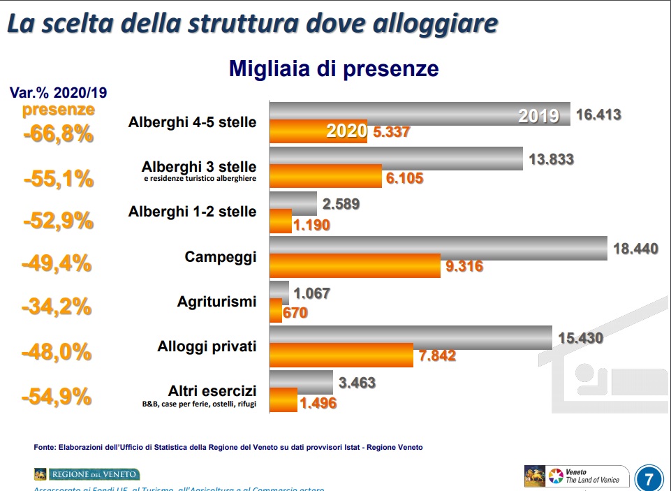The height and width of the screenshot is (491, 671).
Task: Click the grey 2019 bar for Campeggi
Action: click(438, 247)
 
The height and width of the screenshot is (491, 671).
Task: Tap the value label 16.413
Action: click(598, 115)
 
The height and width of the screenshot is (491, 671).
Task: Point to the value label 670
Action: click(295, 314)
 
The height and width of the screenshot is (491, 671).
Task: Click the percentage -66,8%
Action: click(58, 133)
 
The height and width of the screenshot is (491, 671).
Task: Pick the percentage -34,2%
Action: click(58, 307)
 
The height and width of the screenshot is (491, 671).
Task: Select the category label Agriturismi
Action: click(216, 302)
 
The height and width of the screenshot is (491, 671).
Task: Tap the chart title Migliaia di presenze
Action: click(334, 68)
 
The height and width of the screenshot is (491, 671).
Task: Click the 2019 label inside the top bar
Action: click(538, 116)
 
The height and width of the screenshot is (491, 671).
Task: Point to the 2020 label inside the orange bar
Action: click(347, 131)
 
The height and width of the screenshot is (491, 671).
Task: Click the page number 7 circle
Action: click(649, 479)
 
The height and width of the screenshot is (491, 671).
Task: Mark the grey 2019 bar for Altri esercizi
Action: click(301, 382)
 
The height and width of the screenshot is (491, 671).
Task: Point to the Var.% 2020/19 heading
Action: click(58, 92)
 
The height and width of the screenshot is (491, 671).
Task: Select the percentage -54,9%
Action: click(57, 396)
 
